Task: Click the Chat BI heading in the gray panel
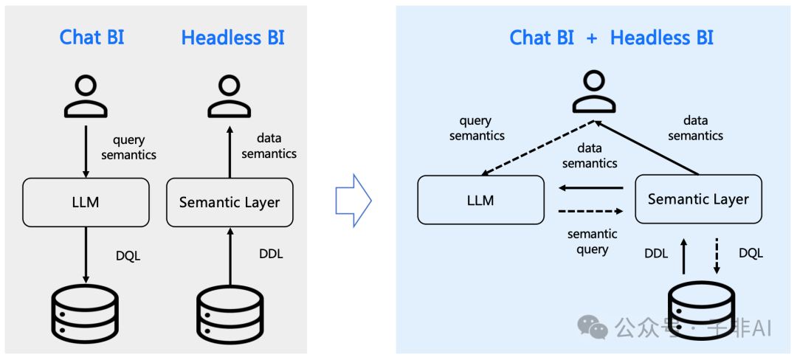pyautogui.click(x=92, y=38)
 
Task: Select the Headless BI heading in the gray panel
pyautogui.click(x=232, y=38)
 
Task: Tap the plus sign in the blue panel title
pyautogui.click(x=592, y=38)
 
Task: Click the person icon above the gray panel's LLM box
pyautogui.click(x=86, y=97)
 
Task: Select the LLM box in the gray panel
pyautogui.click(x=86, y=201)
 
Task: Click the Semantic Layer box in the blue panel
pyautogui.click(x=698, y=199)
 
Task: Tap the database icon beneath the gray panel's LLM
pyautogui.click(x=86, y=314)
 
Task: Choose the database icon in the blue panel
pyautogui.click(x=701, y=314)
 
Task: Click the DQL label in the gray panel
pyautogui.click(x=128, y=256)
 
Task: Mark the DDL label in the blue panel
pyautogui.click(x=656, y=253)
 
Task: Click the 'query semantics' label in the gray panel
pyautogui.click(x=128, y=147)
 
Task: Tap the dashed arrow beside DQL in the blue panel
pyautogui.click(x=716, y=255)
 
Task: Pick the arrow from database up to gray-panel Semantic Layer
pyautogui.click(x=230, y=255)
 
